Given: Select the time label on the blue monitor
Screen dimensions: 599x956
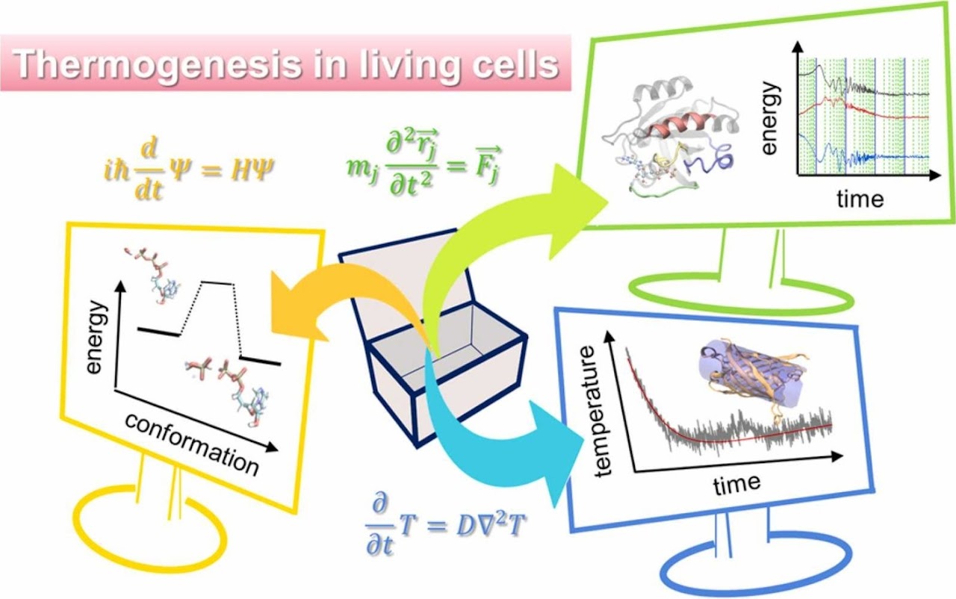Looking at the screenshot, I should pyautogui.click(x=736, y=485).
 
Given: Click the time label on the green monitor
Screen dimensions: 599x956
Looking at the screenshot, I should pyautogui.click(x=860, y=197).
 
